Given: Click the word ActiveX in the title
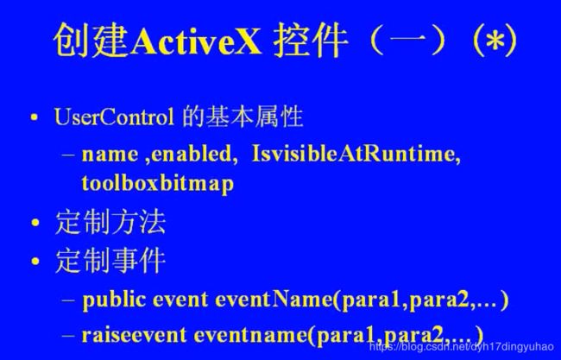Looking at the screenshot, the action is (196, 41).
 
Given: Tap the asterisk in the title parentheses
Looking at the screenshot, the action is (495, 41).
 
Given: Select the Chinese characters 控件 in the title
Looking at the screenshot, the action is (310, 41).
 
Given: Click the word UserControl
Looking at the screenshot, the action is (114, 117).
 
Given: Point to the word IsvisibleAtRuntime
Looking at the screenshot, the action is (356, 155).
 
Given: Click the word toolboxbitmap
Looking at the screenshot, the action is (157, 184).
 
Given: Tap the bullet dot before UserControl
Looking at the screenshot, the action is (35, 117).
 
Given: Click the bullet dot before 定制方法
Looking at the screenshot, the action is (35, 223).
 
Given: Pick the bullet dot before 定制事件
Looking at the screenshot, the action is (35, 261).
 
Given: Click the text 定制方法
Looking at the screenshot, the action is (110, 222).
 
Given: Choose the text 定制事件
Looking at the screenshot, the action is (110, 261).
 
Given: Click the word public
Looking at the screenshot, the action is (114, 300).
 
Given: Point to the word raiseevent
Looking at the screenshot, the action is (134, 335).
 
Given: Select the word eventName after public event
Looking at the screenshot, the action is (274, 300).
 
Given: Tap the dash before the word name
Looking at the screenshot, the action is (68, 155).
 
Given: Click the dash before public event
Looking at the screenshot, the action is (68, 300).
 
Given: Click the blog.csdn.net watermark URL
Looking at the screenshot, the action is (462, 346).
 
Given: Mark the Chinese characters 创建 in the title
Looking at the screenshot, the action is (91, 41).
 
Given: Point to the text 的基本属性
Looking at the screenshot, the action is (243, 117).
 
